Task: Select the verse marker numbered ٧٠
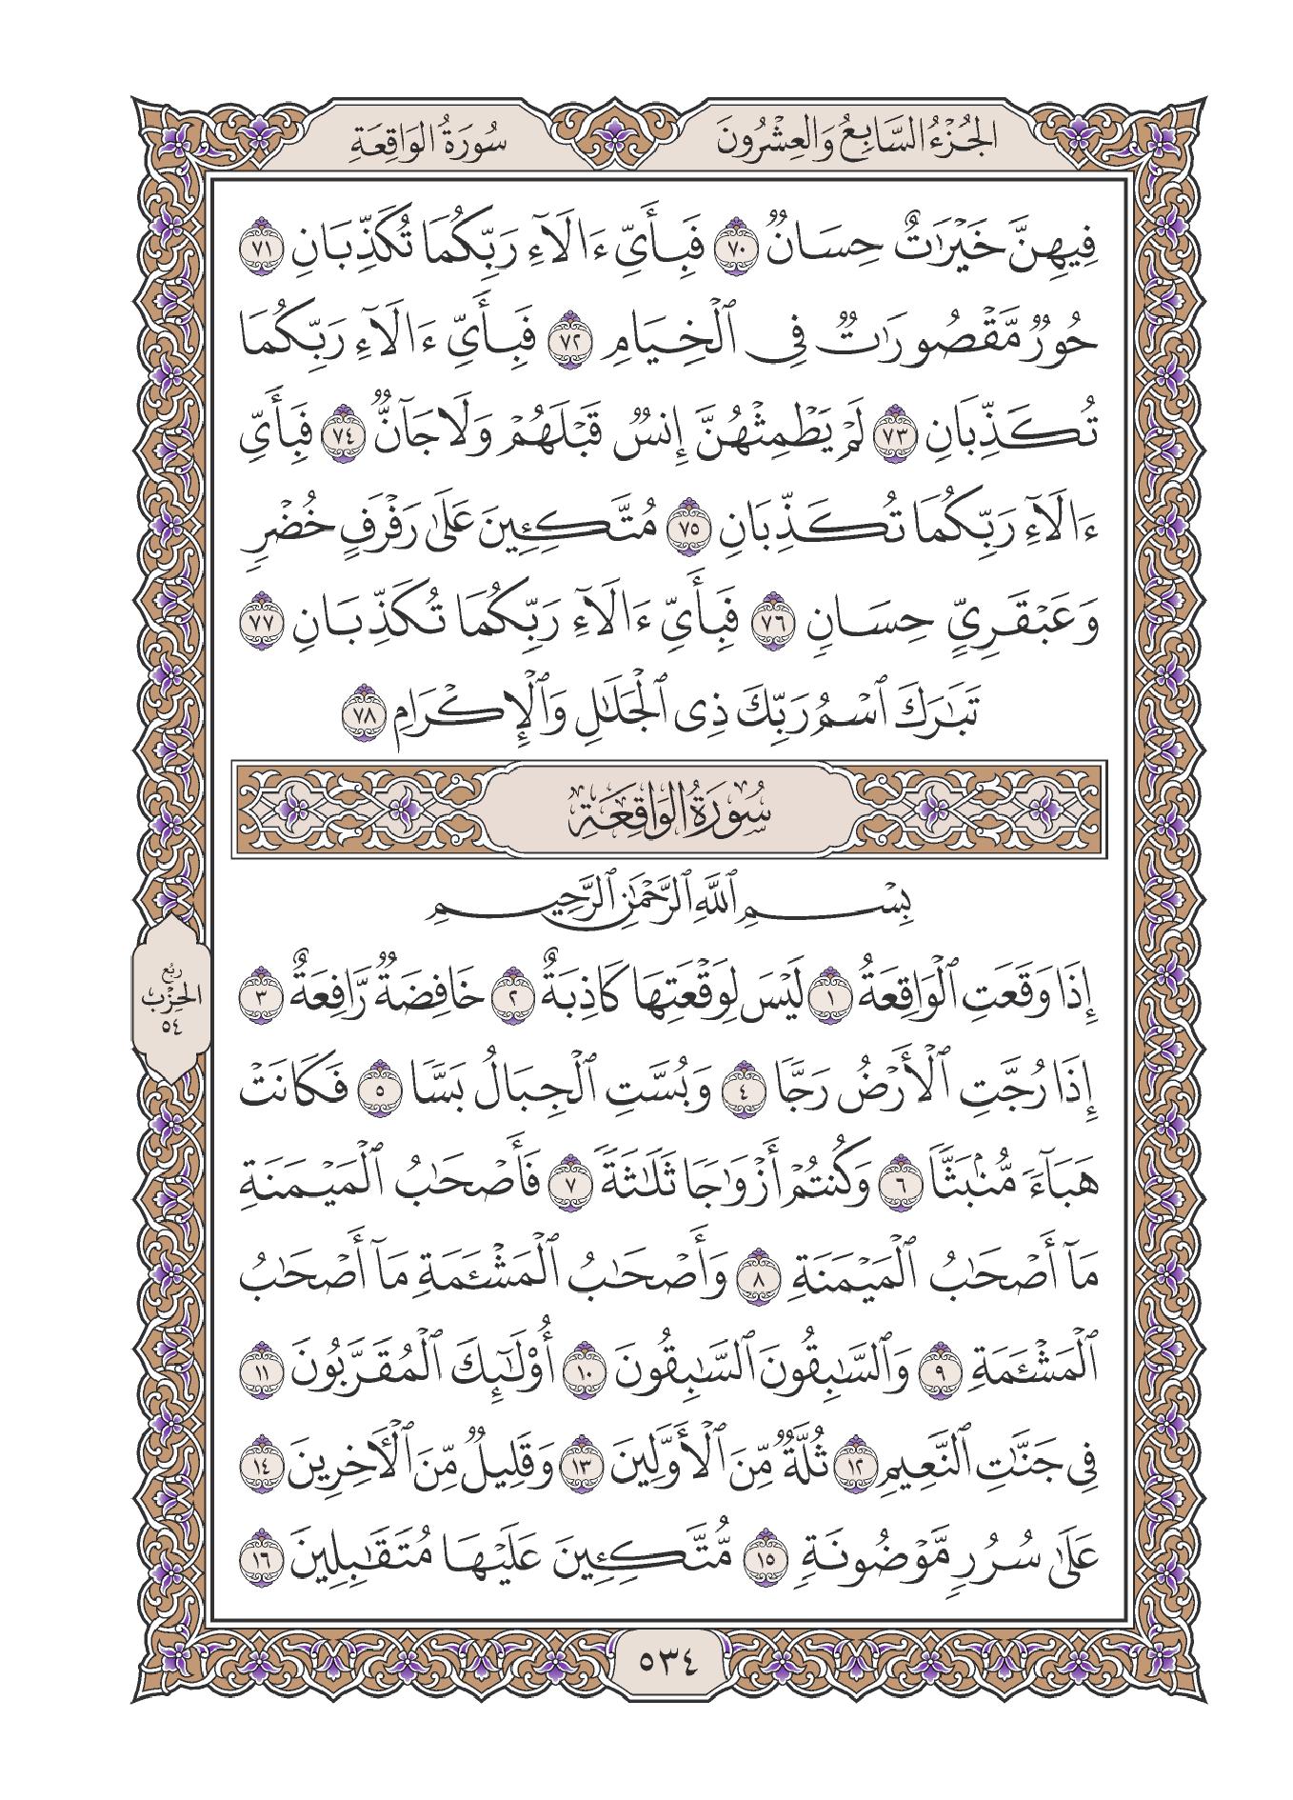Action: pos(741,253)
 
